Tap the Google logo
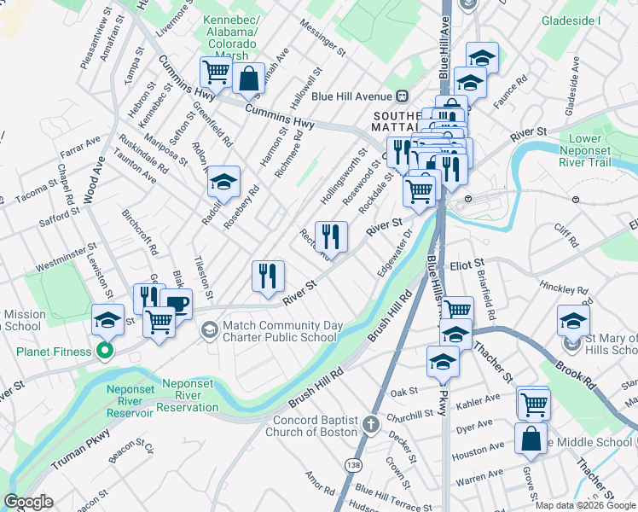coord(28,503)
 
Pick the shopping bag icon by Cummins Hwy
coord(247,79)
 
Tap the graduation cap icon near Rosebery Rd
coord(223,183)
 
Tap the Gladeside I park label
coord(571,20)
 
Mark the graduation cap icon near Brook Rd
coord(573,321)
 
